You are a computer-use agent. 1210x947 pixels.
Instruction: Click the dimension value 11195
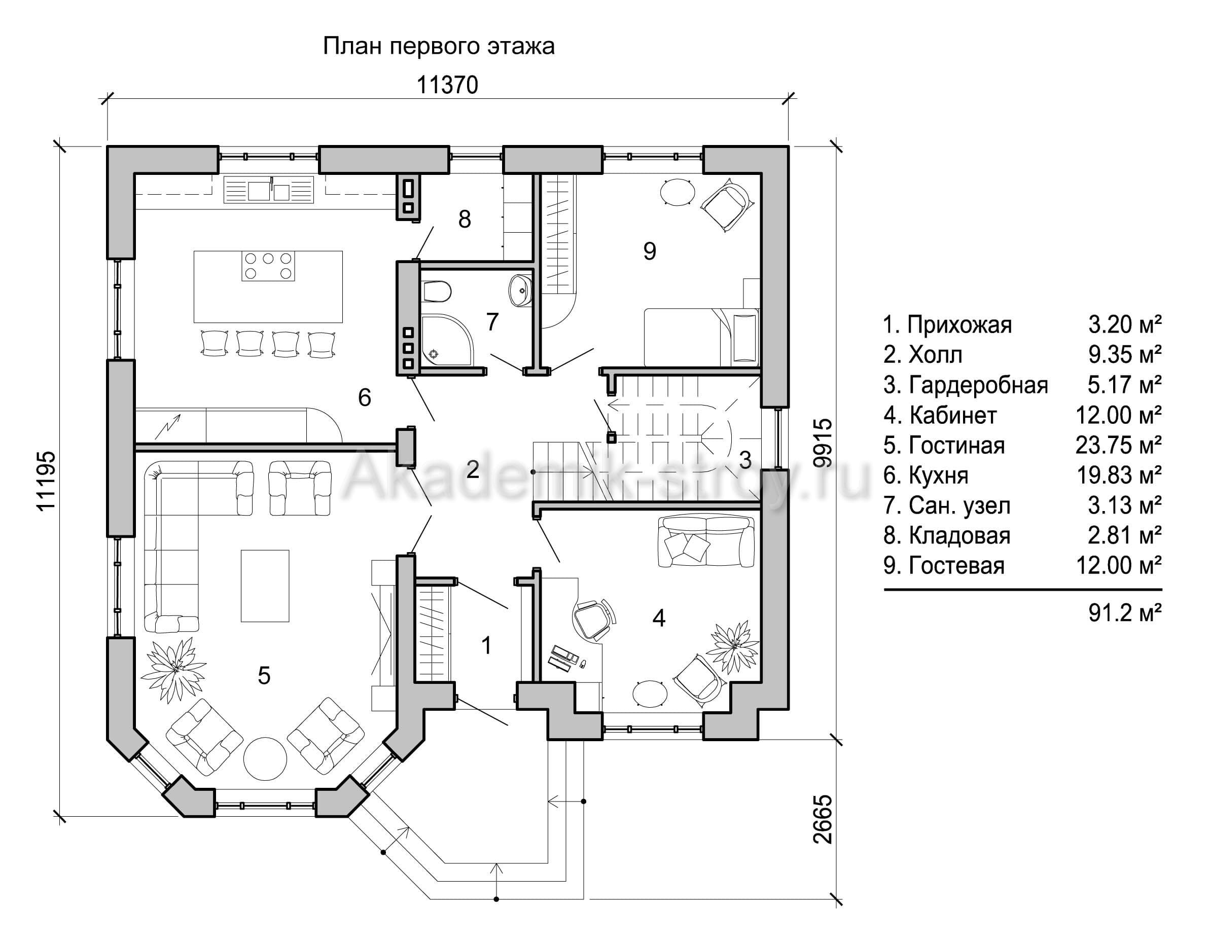(x=46, y=480)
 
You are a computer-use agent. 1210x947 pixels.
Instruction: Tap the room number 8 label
(x=465, y=220)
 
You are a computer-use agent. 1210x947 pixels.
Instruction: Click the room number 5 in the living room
(x=264, y=675)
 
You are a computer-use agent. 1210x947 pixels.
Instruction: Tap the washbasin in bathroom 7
(x=521, y=289)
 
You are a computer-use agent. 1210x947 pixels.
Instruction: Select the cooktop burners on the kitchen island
(x=268, y=266)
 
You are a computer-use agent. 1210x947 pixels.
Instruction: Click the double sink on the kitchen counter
(x=269, y=190)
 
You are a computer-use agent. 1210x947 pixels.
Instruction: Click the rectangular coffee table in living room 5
(x=265, y=586)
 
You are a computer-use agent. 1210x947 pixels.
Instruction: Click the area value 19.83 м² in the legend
(x=1119, y=475)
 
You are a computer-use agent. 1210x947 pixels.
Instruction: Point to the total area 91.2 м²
(x=1125, y=613)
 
